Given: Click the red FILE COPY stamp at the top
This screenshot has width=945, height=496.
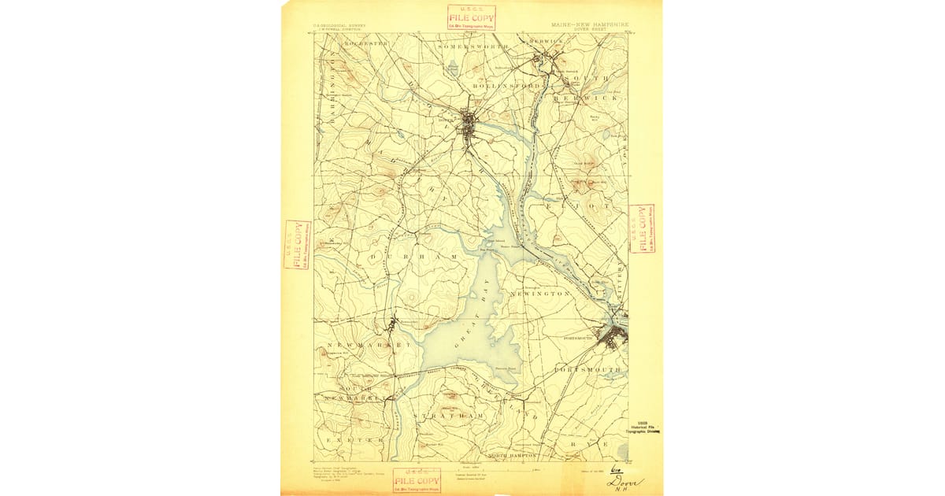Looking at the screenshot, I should [x=471, y=17].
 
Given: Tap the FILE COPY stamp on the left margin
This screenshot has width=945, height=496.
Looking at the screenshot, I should [x=297, y=244].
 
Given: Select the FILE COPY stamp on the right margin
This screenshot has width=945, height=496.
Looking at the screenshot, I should [x=643, y=229].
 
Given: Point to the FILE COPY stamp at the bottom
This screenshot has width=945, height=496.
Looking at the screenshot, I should [x=417, y=479].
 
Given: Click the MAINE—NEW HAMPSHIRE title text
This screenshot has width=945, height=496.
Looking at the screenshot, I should [x=584, y=26].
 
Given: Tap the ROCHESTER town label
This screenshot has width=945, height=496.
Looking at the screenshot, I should [x=360, y=44].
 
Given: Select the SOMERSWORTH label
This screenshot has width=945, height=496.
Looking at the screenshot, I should [x=472, y=47].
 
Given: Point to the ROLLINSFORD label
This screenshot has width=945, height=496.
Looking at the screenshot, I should [x=506, y=85].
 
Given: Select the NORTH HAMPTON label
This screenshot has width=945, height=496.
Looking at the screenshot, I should [x=513, y=456].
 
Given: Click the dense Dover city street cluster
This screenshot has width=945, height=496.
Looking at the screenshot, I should [x=469, y=125].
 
